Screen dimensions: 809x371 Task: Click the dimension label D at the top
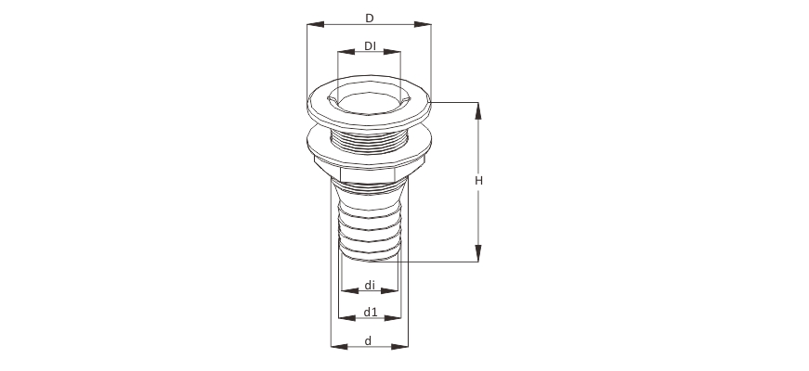pyautogui.click(x=370, y=19)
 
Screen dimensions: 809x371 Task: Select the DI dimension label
pyautogui.click(x=370, y=45)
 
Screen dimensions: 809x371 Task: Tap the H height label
pyautogui.click(x=478, y=181)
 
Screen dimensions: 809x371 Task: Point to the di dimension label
pyautogui.click(x=370, y=285)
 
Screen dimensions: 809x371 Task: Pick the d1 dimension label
pyautogui.click(x=371, y=312)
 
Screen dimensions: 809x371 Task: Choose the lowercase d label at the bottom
pyautogui.click(x=369, y=341)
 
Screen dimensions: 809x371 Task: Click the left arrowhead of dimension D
pyautogui.click(x=315, y=24)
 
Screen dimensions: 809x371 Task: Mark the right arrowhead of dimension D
pyautogui.click(x=423, y=24)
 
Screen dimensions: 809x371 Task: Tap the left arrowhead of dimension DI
pyautogui.click(x=346, y=52)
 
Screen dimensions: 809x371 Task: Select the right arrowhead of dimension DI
pyautogui.click(x=392, y=52)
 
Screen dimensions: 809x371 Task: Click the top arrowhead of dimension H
pyautogui.click(x=478, y=110)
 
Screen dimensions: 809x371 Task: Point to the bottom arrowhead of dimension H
pyautogui.click(x=478, y=253)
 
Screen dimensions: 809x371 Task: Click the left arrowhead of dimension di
pyautogui.click(x=350, y=291)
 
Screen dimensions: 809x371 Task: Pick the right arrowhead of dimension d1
pyautogui.click(x=393, y=318)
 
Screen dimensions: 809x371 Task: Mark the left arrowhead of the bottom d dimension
pyautogui.click(x=339, y=347)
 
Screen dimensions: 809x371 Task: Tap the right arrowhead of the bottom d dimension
pyautogui.click(x=400, y=347)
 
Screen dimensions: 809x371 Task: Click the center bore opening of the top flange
pyautogui.click(x=370, y=103)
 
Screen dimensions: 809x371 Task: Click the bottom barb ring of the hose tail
pyautogui.click(x=370, y=252)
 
